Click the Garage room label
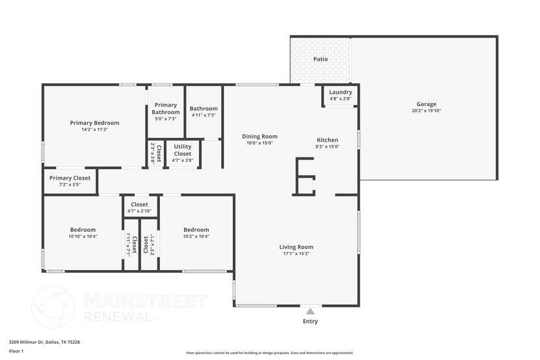tap(426, 104)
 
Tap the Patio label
tap(320, 59)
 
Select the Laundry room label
tap(340, 92)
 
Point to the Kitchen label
tap(327, 140)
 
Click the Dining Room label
tap(260, 137)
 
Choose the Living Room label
tap(296, 247)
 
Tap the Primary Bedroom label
tap(95, 122)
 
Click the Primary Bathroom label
tap(165, 109)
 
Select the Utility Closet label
tap(182, 150)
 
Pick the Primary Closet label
tap(70, 178)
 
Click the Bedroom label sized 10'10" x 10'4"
tap(83, 229)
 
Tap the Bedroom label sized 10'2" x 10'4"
tap(196, 229)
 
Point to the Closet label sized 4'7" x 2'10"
tap(139, 204)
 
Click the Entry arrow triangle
tap(310, 311)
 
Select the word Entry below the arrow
tap(310, 322)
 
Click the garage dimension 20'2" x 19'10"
tap(426, 111)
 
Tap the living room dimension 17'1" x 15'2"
tap(296, 254)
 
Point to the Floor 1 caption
tap(16, 352)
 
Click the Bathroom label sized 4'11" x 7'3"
tap(203, 109)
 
